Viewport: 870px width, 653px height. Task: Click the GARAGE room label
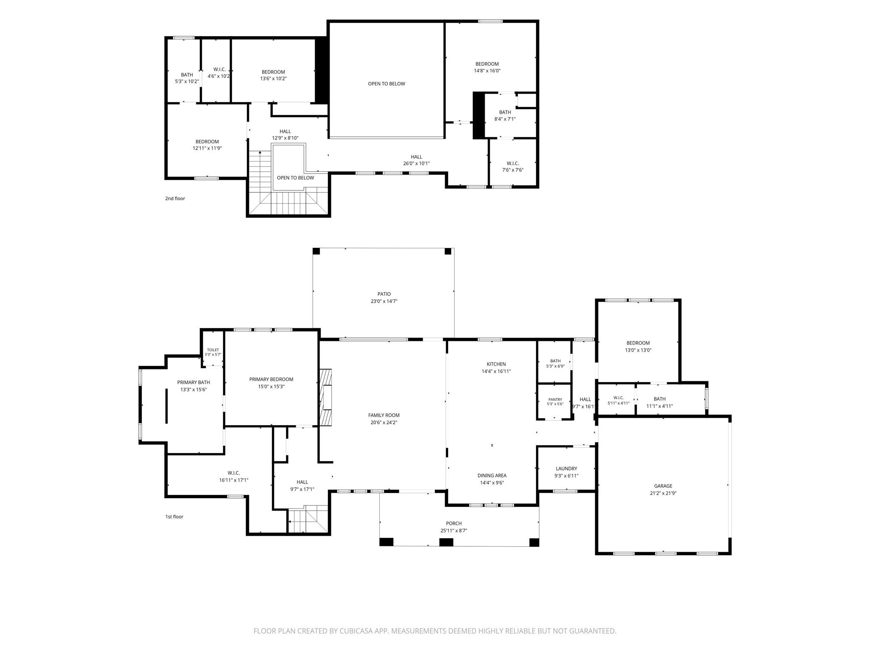(663, 486)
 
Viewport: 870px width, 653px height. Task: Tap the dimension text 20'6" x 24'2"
(384, 423)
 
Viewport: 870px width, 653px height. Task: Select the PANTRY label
(555, 399)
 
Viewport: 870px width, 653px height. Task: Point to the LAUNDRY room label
(566, 468)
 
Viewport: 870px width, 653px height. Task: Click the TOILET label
(213, 350)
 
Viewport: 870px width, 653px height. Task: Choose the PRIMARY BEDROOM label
(271, 379)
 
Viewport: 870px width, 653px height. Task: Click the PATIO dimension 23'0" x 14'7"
(384, 301)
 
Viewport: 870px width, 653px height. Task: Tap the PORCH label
(454, 523)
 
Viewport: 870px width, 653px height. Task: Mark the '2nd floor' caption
(175, 199)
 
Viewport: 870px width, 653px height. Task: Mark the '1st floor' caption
(174, 517)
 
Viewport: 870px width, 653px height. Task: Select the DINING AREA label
(492, 476)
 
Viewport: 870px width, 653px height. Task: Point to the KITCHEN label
(496, 364)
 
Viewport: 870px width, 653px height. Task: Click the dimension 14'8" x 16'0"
(487, 71)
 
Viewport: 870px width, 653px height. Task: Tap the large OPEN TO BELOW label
(387, 84)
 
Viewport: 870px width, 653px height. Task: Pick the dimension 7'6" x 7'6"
(513, 170)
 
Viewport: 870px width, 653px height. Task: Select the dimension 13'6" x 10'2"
(274, 79)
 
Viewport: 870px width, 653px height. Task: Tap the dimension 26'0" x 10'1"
(417, 164)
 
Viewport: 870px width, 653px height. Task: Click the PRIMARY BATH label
(194, 382)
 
